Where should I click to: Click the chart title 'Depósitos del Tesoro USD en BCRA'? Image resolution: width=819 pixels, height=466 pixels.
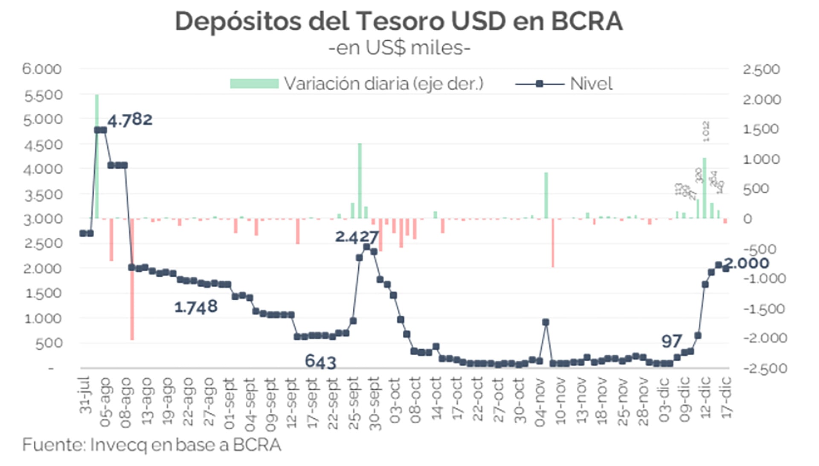399,21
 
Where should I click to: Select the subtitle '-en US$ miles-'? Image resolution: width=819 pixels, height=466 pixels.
399,48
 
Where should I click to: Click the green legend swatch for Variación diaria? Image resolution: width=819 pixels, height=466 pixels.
254,83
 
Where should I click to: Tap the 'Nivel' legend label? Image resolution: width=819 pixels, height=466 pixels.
591,84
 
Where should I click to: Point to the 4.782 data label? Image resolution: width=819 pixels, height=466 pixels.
130,120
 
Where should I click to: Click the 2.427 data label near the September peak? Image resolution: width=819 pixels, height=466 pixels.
357,237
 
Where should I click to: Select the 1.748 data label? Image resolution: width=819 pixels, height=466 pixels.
196,307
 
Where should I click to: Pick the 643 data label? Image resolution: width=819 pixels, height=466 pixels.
320,362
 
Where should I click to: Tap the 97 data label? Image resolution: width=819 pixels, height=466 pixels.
671,341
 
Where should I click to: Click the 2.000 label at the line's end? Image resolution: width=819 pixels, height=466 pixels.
747,263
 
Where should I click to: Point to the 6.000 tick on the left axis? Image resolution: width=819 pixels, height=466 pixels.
42,69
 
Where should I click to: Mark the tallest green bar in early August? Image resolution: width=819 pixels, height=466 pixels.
97,156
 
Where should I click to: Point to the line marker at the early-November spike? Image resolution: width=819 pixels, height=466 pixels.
546,322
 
